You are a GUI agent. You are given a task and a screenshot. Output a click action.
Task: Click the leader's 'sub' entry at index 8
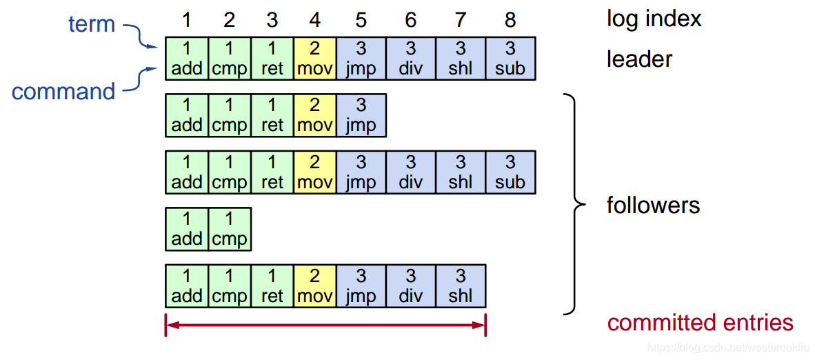tap(510, 59)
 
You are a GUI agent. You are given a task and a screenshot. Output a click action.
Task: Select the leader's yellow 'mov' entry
tap(315, 59)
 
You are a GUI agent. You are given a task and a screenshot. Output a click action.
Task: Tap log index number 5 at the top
tap(361, 20)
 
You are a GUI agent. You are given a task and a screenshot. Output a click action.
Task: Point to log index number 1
tap(186, 20)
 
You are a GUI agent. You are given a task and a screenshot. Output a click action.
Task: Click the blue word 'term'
tap(92, 24)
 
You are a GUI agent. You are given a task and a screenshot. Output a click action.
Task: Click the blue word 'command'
tap(63, 92)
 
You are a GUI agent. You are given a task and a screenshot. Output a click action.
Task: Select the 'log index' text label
tap(654, 19)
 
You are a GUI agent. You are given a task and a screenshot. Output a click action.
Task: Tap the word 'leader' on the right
tap(639, 59)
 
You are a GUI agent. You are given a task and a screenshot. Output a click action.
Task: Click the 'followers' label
tap(653, 205)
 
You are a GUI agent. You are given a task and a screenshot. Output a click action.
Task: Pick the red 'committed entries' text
tap(700, 323)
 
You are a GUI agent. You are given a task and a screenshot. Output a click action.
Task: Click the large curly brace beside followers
tap(572, 205)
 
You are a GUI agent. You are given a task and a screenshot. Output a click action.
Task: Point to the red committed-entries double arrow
tap(325, 325)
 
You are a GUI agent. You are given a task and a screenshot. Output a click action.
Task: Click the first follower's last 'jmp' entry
tap(361, 115)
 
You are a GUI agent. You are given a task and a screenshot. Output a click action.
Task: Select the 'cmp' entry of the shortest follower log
tap(229, 229)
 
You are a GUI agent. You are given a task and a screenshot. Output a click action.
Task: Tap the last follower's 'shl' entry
tap(460, 286)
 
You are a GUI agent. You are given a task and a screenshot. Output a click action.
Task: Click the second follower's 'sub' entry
tap(510, 172)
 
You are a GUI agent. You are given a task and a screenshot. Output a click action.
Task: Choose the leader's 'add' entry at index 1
tap(186, 59)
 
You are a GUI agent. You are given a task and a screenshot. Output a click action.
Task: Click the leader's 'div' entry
tap(410, 59)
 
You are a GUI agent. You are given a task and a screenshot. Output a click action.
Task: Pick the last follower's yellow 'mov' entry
tap(315, 286)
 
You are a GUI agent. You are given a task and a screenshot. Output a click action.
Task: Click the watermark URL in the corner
tap(727, 349)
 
